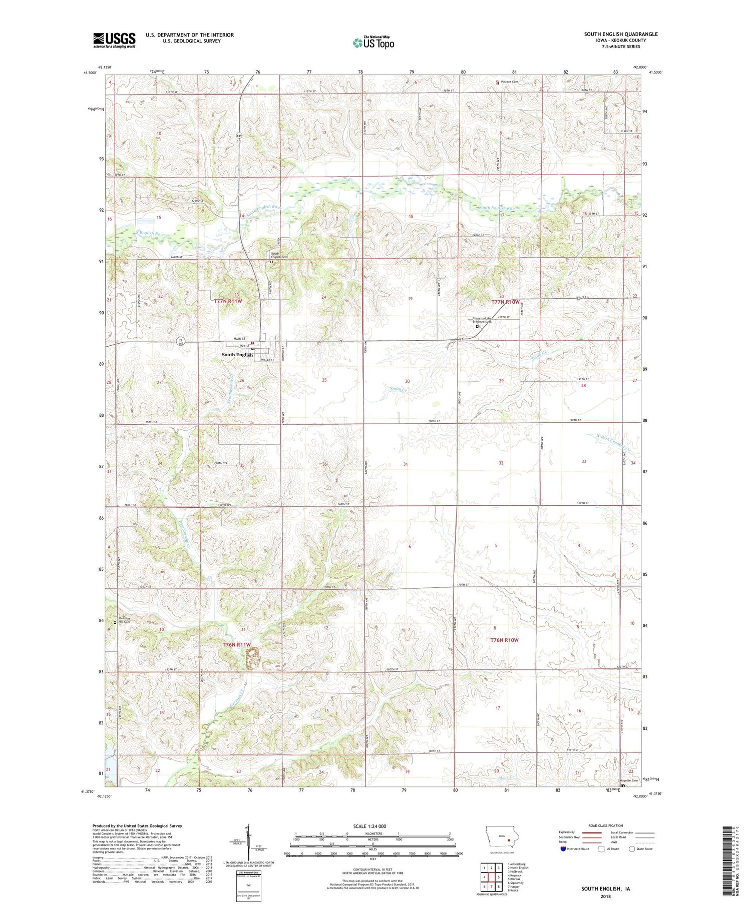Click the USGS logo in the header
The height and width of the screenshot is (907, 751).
(114, 40)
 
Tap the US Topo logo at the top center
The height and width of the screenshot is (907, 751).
(373, 43)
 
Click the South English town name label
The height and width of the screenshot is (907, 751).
(237, 355)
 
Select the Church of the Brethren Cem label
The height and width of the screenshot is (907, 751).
(482, 320)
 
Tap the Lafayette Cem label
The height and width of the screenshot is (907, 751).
(627, 780)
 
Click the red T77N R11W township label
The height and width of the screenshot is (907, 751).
(228, 301)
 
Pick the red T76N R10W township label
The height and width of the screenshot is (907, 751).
(505, 640)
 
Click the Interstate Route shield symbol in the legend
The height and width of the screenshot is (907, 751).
(563, 848)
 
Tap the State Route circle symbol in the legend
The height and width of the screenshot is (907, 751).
(632, 848)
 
